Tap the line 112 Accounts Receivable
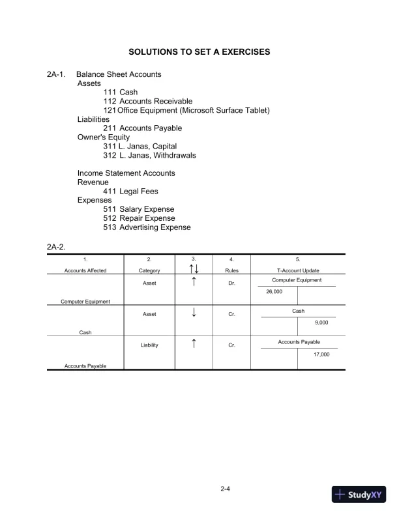click(147, 102)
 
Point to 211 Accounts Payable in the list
click(143, 128)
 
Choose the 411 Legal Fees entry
click(130, 192)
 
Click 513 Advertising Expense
click(147, 227)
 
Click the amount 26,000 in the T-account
click(274, 292)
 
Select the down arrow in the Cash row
click(194, 313)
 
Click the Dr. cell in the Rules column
click(231, 283)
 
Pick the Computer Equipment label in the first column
click(85, 302)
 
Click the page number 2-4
click(226, 488)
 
